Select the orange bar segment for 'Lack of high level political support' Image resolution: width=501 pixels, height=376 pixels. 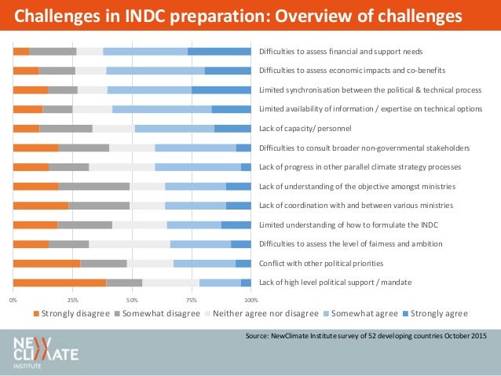[x=60, y=283]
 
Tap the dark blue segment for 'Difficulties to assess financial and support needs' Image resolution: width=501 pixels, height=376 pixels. [x=219, y=52]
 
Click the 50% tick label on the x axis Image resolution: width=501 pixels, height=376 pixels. [x=132, y=300]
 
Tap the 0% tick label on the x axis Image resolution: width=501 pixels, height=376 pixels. [x=13, y=300]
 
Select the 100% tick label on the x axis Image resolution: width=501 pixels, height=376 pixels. [x=251, y=300]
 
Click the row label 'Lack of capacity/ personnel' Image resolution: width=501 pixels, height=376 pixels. [x=305, y=128]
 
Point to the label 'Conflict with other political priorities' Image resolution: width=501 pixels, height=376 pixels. [x=321, y=263]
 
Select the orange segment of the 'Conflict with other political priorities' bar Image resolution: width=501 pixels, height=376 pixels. [x=46, y=263]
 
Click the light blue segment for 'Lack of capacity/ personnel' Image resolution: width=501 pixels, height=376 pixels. [x=174, y=128]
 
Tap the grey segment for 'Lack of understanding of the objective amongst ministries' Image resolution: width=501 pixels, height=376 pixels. [x=94, y=186]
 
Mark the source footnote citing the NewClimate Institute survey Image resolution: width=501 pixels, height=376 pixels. [x=365, y=336]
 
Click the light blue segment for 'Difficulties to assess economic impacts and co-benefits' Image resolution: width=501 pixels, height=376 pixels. [x=155, y=71]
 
